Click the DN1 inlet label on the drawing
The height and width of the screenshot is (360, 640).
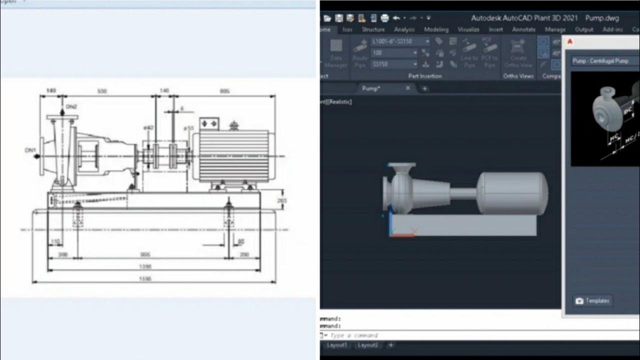click(30, 150)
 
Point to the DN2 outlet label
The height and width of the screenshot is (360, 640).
click(71, 107)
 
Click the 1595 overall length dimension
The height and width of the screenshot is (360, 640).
click(145, 278)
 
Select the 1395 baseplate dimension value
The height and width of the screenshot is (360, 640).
click(145, 266)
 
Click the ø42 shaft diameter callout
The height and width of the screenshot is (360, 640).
click(148, 128)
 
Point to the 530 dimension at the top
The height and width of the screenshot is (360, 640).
click(102, 91)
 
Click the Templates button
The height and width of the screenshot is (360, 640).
click(592, 300)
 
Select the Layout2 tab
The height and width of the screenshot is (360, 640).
click(368, 345)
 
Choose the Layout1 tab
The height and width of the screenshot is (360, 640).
click(337, 345)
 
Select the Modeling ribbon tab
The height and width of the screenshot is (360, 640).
click(436, 29)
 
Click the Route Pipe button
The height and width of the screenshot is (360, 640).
click(360, 53)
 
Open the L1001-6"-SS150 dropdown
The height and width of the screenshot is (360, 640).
click(400, 41)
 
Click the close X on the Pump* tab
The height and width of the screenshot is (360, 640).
click(407, 88)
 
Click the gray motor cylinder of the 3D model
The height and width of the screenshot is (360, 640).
click(512, 193)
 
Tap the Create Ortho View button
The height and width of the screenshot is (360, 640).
click(518, 53)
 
